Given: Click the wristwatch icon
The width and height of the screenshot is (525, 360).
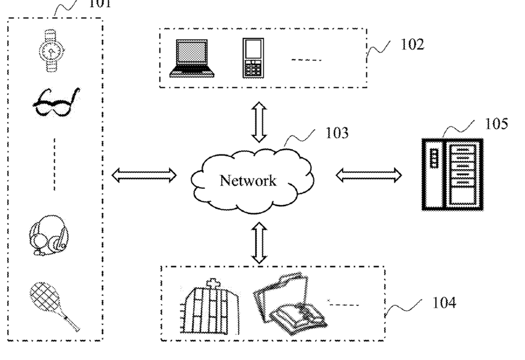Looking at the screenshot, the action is [51, 51].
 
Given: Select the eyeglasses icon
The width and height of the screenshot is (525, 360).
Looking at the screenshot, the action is [57, 103].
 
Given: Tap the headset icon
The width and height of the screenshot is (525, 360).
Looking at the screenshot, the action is [49, 235].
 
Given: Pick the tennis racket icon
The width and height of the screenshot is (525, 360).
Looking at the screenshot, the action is [54, 306].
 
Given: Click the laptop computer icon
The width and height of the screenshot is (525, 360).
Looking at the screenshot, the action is [192, 58].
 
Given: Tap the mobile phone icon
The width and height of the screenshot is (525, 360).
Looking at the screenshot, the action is [253, 58].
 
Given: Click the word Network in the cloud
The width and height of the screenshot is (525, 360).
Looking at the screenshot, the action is [248, 181].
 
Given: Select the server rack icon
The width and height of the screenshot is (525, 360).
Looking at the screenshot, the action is [452, 174].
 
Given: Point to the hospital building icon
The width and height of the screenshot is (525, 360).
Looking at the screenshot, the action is [210, 306].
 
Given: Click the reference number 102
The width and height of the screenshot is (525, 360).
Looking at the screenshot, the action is [413, 44].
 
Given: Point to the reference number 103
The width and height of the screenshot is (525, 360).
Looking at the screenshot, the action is [337, 133].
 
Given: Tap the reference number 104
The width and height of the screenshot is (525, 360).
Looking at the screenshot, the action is [444, 303].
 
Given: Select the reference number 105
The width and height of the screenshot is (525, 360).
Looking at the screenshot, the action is [497, 123].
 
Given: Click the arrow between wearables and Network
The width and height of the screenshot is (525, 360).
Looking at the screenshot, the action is [144, 175].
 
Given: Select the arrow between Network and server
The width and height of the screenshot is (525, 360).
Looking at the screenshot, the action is [369, 175].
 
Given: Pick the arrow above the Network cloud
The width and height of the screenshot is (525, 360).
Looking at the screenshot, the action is [259, 122].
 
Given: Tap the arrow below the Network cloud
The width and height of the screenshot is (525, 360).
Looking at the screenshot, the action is [259, 243].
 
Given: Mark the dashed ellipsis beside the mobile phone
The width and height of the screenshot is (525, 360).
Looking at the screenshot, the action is [306, 60].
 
